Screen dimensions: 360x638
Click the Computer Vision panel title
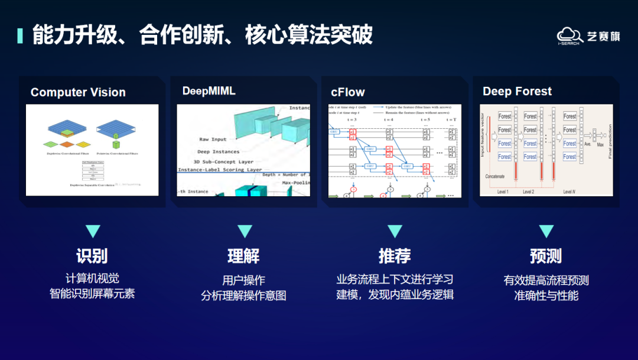pyautogui.click(x=78, y=92)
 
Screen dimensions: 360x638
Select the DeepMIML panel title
pyautogui.click(x=209, y=91)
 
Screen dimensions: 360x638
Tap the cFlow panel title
pyautogui.click(x=348, y=92)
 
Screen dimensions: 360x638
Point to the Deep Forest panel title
pyautogui.click(x=517, y=91)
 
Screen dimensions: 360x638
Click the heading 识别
pyautogui.click(x=92, y=256)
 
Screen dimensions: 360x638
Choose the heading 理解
pyautogui.click(x=243, y=256)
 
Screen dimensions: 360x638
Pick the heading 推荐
pyautogui.click(x=395, y=256)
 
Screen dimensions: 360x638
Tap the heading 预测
pyautogui.click(x=546, y=256)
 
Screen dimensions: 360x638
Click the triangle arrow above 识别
pyautogui.click(x=93, y=231)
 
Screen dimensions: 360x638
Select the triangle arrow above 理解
pyautogui.click(x=244, y=231)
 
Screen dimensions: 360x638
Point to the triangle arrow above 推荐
pyautogui.click(x=395, y=231)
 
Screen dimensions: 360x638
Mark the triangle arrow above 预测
pyautogui.click(x=546, y=231)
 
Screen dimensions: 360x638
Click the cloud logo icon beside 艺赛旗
pyautogui.click(x=569, y=35)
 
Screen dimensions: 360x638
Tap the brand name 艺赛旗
pyautogui.click(x=603, y=36)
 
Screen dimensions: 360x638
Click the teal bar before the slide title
pyautogui.click(x=20, y=35)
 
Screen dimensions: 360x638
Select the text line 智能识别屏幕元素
pyautogui.click(x=92, y=293)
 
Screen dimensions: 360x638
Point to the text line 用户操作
pyautogui.click(x=243, y=280)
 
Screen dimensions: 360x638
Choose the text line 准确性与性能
pyautogui.click(x=546, y=295)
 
